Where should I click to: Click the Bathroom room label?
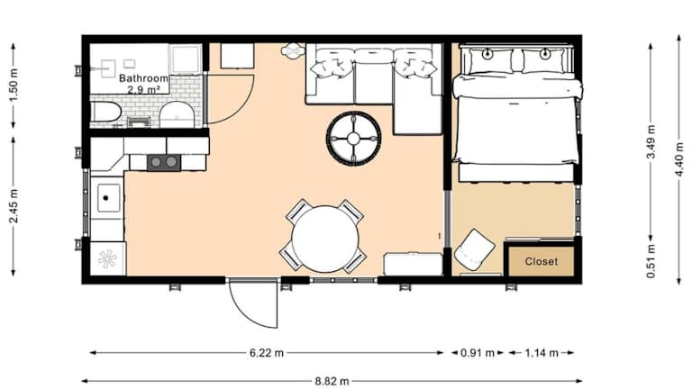(143, 78)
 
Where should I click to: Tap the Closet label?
(541, 261)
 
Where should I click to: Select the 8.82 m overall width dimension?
(332, 381)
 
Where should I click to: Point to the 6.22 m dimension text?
(267, 353)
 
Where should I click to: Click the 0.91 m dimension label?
(478, 353)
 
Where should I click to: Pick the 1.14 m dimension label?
(542, 353)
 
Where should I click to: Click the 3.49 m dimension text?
(651, 141)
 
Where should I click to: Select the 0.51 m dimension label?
(651, 261)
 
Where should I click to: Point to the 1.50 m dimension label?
(14, 86)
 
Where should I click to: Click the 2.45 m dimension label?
(14, 205)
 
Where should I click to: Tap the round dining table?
(325, 239)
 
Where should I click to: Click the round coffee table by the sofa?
(353, 139)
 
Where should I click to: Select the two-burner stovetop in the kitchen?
(164, 162)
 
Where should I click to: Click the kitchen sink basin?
(108, 198)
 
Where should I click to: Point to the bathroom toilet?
(176, 114)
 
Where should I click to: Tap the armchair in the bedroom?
(474, 249)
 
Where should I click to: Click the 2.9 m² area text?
(143, 90)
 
